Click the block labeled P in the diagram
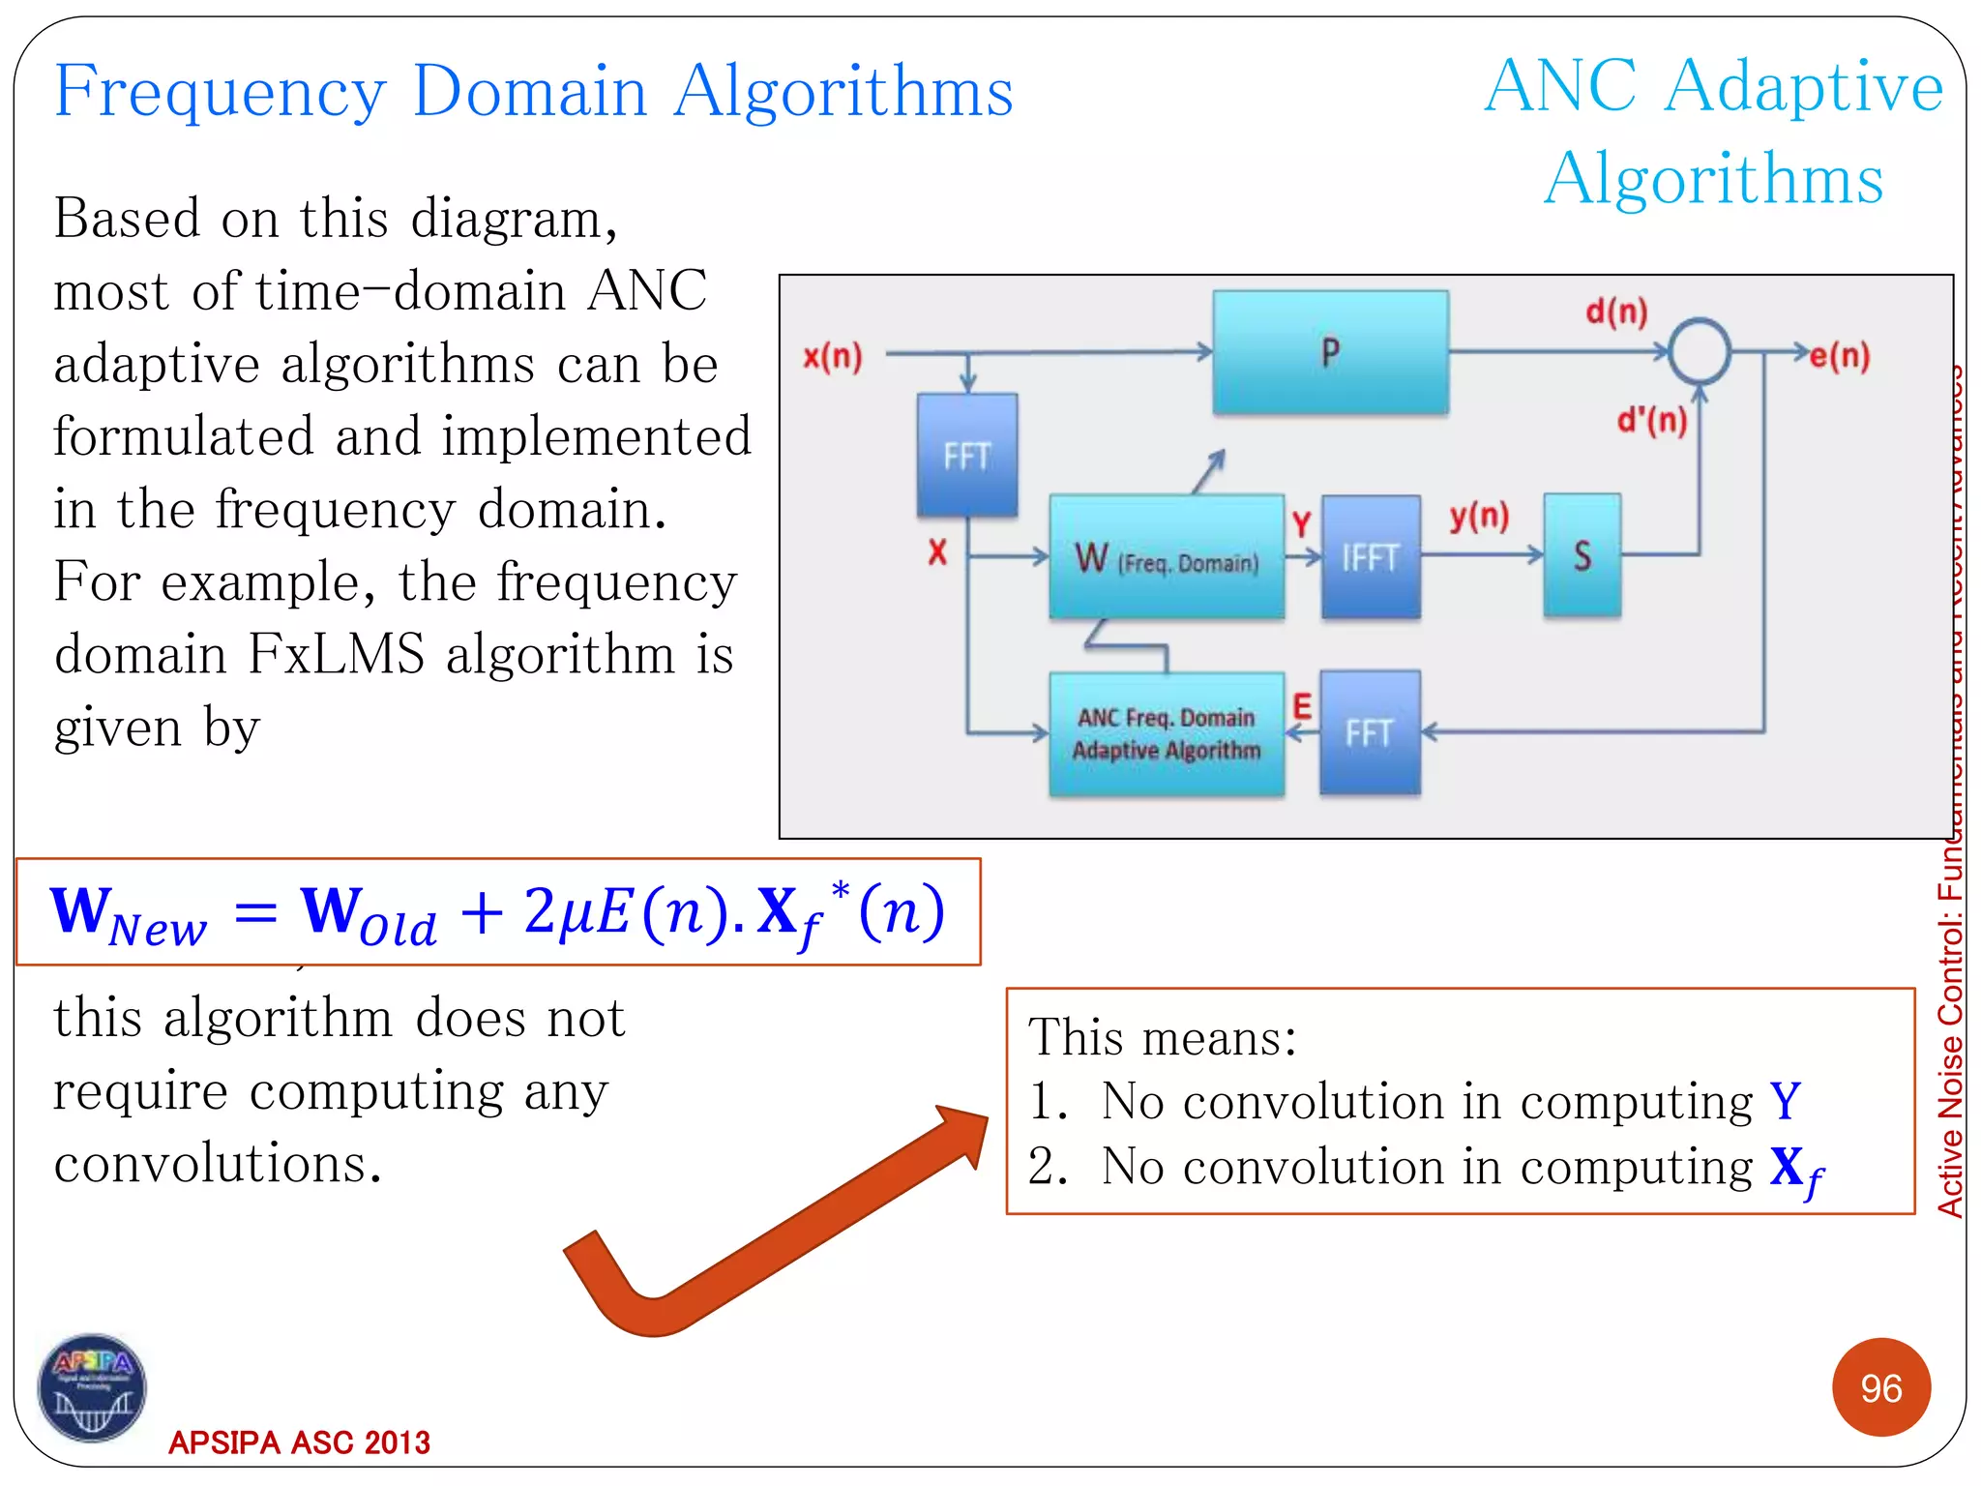[1330, 352]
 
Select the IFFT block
[1371, 557]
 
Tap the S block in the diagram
[1582, 555]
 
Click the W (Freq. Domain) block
[1167, 557]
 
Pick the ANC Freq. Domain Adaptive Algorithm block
[1167, 734]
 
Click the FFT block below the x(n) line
[966, 455]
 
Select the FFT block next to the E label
[1370, 733]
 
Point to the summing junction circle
[1700, 352]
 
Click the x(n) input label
[832, 357]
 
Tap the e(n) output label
[1840, 356]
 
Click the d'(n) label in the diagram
[1651, 420]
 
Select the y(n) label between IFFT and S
[1479, 517]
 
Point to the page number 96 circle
[1880, 1387]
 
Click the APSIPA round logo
[92, 1386]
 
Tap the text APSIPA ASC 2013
[299, 1442]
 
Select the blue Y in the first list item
[1785, 1101]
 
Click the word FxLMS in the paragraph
[336, 654]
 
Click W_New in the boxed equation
[128, 914]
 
